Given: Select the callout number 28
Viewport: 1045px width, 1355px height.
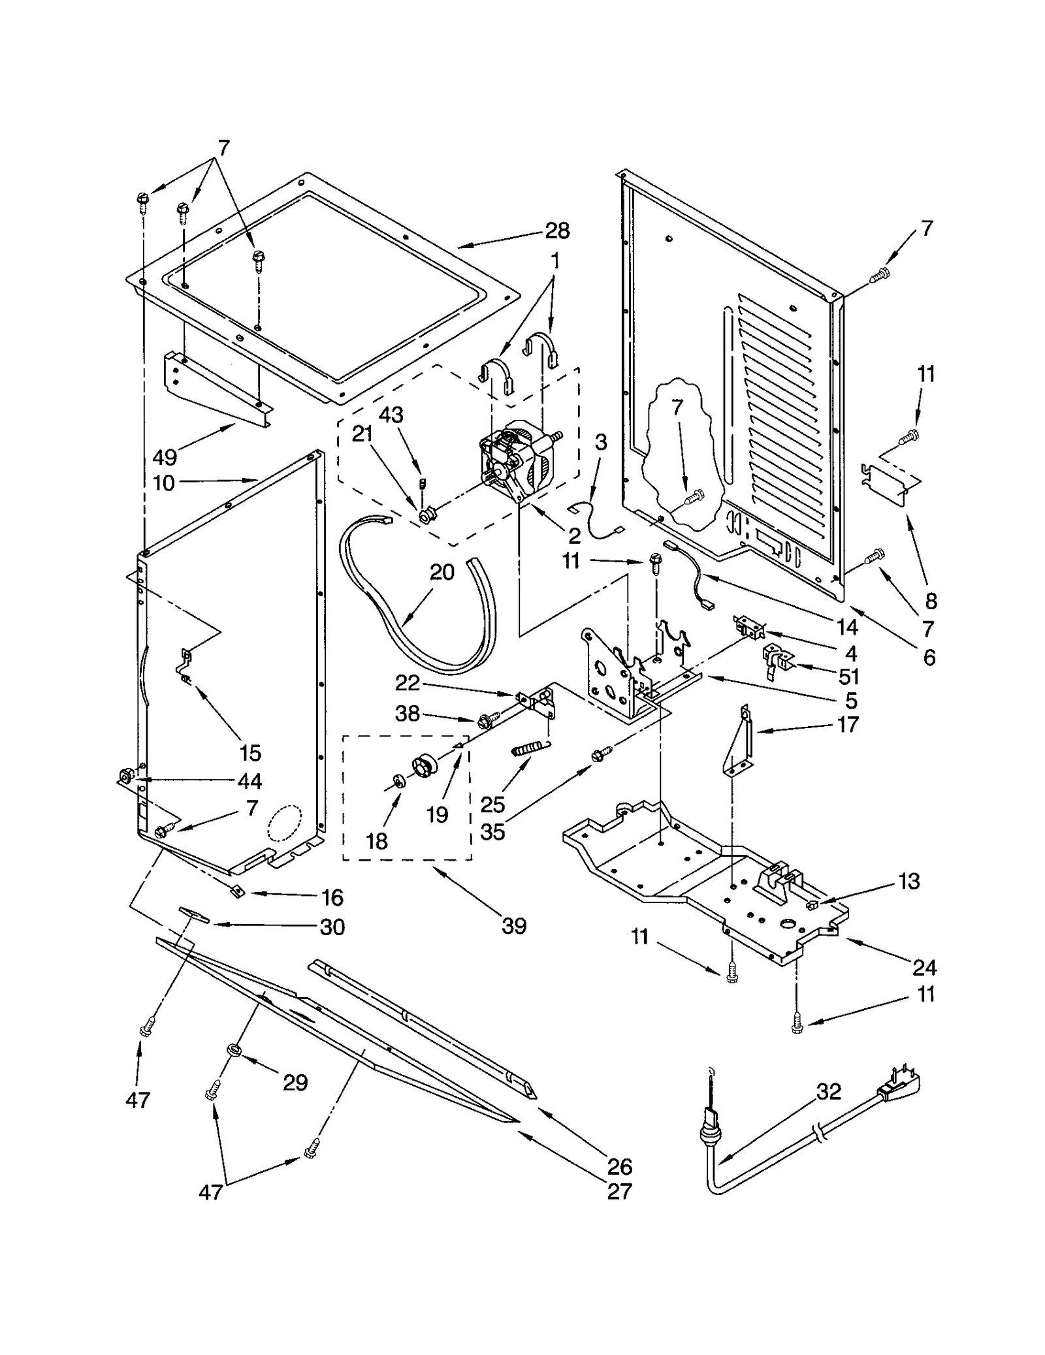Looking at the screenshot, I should (557, 231).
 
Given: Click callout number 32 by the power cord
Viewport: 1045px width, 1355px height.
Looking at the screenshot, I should (829, 1091).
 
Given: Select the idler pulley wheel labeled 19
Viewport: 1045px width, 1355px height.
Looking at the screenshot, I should (425, 765).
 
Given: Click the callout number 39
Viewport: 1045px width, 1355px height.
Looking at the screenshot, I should (514, 925).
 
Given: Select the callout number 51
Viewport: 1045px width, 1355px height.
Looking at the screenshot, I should (850, 676).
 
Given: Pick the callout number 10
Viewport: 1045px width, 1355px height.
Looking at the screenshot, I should (164, 483).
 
